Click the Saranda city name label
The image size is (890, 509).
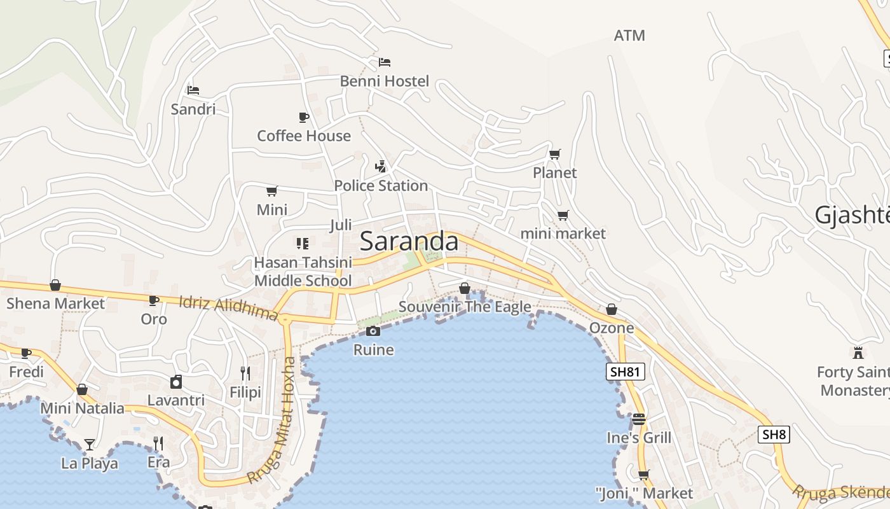409,242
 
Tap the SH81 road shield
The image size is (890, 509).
626,372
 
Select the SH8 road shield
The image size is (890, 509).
774,435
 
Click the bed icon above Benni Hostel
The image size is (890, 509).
385,62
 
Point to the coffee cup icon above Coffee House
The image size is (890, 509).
303,117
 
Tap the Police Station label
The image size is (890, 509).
381,186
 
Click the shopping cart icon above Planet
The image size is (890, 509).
555,154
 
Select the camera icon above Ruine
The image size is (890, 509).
373,331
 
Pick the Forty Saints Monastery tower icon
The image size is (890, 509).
858,352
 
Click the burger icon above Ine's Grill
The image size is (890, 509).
639,419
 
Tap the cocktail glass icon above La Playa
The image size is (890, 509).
90,444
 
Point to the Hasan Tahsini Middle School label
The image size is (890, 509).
303,272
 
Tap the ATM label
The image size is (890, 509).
629,36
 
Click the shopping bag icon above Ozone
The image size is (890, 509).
612,309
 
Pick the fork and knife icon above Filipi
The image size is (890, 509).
245,373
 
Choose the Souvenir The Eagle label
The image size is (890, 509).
465,307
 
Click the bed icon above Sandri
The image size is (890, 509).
193,90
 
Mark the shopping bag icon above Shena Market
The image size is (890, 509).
55,285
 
